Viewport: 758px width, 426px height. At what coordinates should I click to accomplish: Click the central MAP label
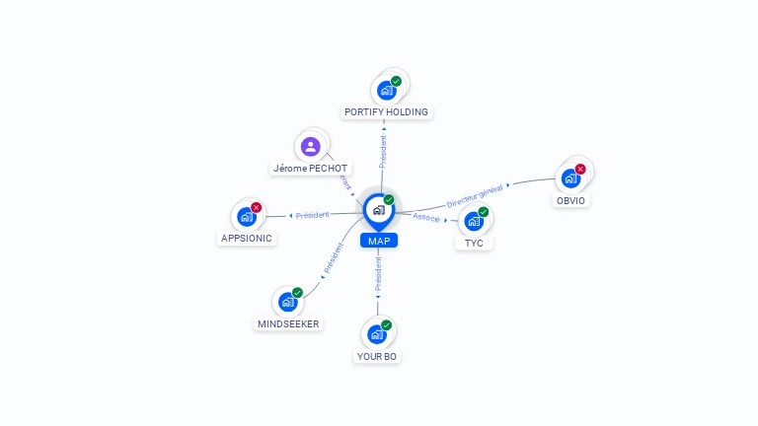[x=378, y=241]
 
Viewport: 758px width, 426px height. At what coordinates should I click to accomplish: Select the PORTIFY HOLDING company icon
[x=387, y=89]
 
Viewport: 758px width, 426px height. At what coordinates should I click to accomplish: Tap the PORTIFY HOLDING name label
[x=386, y=112]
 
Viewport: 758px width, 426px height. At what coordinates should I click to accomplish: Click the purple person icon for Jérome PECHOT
[x=311, y=147]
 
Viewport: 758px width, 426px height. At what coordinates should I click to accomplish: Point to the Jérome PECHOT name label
[x=310, y=169]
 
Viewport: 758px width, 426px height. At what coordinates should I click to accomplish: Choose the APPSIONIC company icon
[x=247, y=216]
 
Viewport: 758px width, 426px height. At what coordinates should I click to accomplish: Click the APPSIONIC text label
[x=247, y=239]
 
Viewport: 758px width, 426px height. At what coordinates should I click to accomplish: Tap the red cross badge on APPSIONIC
[x=257, y=207]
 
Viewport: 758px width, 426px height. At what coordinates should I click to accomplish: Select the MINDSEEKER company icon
[x=287, y=302]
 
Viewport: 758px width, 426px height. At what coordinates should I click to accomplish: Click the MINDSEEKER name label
[x=289, y=324]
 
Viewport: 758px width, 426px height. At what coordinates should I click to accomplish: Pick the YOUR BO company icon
[x=377, y=333]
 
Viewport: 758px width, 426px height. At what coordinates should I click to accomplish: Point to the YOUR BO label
[x=377, y=356]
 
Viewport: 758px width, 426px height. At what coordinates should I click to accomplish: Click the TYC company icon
[x=474, y=220]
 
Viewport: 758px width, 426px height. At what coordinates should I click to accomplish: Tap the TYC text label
[x=474, y=243]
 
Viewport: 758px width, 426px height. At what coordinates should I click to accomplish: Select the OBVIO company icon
[x=570, y=177]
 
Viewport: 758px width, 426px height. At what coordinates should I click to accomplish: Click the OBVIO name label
[x=570, y=200]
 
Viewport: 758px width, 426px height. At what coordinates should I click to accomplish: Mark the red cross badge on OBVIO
[x=580, y=169]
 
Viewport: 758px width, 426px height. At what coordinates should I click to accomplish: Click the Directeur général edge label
[x=476, y=194]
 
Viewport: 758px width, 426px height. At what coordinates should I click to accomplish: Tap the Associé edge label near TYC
[x=426, y=217]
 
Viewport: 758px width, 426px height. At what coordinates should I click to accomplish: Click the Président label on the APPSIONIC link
[x=312, y=215]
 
